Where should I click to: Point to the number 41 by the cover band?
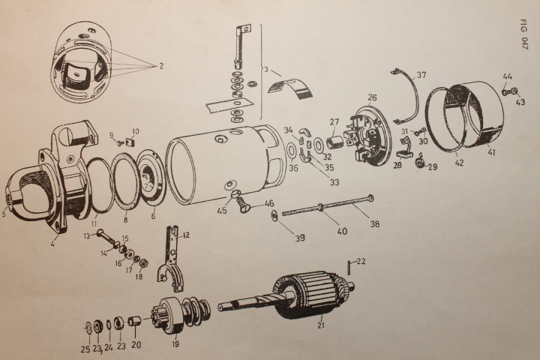(493, 151)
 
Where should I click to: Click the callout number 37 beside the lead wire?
(421, 75)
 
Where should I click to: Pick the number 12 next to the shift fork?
(186, 235)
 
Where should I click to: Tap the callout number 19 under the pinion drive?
(175, 345)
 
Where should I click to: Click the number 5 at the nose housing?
(5, 213)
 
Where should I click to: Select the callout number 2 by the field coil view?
(160, 66)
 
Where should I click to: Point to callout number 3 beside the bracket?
(265, 70)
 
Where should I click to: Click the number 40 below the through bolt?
(342, 231)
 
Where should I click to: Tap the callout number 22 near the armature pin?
(361, 261)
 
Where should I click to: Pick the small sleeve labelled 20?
(136, 323)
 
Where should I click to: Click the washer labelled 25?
(87, 327)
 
